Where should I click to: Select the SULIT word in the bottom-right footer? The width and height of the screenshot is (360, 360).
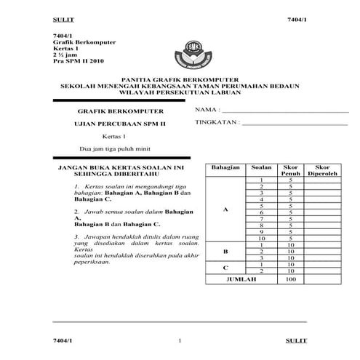click(296, 340)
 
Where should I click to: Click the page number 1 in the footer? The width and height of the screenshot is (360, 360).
click(180, 340)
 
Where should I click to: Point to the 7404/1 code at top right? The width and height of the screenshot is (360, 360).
click(297, 17)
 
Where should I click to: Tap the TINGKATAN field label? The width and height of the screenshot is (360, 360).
click(217, 123)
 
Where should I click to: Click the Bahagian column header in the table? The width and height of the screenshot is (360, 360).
click(225, 168)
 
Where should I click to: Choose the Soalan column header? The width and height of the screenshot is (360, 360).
click(260, 168)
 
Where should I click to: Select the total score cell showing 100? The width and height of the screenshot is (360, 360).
click(291, 279)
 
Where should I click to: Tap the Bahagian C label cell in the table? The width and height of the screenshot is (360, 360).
click(225, 268)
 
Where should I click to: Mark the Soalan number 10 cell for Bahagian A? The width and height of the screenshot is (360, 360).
click(260, 238)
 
